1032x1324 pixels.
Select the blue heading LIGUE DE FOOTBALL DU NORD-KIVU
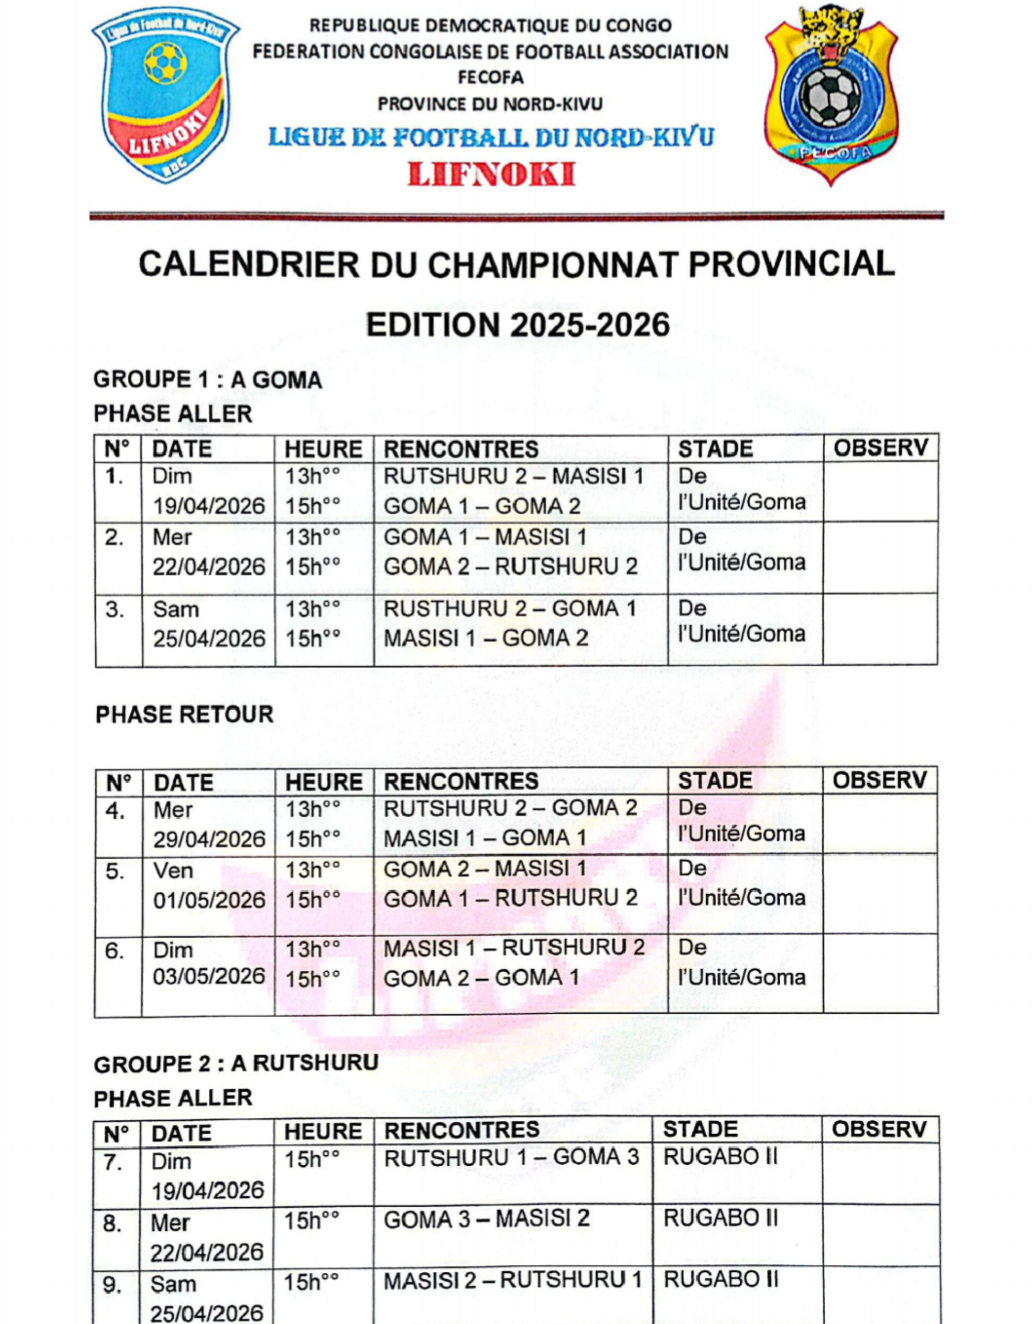coord(491,138)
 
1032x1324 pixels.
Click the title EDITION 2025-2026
coord(518,325)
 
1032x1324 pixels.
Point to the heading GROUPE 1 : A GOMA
coord(207,380)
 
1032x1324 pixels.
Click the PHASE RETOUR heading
coord(184,714)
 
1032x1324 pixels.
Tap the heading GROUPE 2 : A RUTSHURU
coord(236,1063)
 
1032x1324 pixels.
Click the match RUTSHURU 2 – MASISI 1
coord(513,476)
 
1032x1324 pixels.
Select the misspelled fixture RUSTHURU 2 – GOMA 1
coord(510,608)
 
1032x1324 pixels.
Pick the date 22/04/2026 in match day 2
coord(208,567)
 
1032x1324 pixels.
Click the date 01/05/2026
coord(209,900)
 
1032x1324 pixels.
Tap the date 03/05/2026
coord(209,976)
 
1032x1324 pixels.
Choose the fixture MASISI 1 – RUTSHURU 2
coord(514,947)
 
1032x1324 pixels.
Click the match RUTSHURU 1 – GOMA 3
coord(511,1157)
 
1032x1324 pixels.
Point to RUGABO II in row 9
coord(720,1280)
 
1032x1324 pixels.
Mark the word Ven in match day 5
coord(173,871)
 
